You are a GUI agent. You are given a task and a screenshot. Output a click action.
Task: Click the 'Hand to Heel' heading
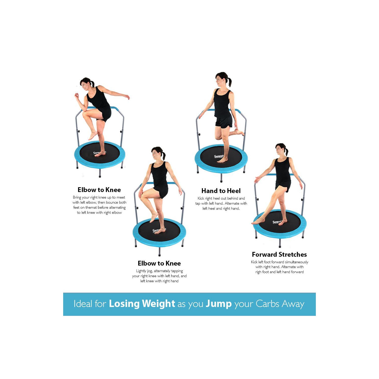coord(221,191)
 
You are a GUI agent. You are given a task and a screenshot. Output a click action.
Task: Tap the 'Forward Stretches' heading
coord(279,254)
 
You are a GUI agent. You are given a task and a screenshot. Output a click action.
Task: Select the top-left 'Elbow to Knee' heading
coord(99,190)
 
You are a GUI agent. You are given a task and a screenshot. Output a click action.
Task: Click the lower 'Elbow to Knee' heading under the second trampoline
coord(159,263)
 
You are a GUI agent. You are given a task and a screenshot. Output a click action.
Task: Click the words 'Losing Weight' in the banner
coord(142,304)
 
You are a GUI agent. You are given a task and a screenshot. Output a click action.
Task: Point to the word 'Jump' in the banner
coord(219,304)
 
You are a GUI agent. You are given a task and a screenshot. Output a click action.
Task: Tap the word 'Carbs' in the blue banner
coord(267,304)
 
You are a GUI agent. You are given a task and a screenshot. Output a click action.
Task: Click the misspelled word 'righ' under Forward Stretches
coord(258,272)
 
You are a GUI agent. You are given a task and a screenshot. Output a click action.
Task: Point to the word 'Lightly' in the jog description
coord(141,271)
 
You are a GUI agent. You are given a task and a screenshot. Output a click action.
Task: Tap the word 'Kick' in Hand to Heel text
coord(201,199)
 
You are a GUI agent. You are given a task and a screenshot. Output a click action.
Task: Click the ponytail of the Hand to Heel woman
coord(229,82)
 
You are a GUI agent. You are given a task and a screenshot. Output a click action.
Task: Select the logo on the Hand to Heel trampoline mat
coord(219,156)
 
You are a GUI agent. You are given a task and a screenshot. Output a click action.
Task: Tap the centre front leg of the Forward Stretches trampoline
coord(280,243)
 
